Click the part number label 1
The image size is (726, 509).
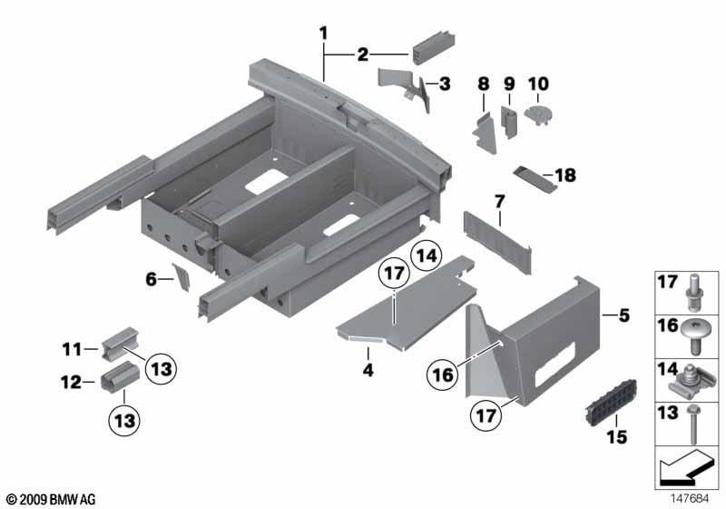click(324, 34)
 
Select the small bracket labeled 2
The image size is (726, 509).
click(434, 48)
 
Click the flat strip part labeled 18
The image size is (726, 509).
click(535, 179)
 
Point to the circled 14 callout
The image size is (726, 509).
click(427, 255)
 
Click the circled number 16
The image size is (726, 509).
click(443, 374)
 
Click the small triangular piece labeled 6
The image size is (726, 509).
click(181, 276)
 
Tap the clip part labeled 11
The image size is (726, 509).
click(120, 344)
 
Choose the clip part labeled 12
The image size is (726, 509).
click(120, 377)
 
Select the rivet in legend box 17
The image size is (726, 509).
click(693, 293)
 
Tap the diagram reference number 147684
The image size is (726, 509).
click(690, 498)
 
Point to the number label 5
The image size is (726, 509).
click(624, 315)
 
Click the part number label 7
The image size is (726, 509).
click(499, 202)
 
